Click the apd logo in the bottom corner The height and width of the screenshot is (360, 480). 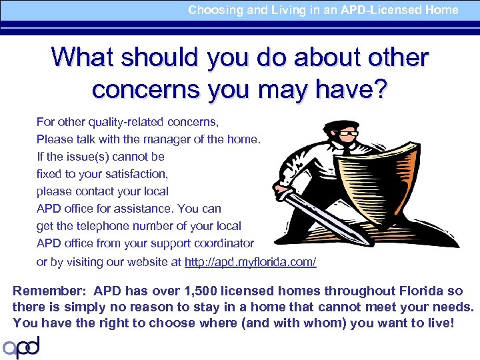[21, 347]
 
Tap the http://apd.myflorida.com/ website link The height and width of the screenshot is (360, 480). [250, 262]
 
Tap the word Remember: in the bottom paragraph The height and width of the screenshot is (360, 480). [50, 291]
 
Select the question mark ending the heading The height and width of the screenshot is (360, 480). [378, 89]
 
